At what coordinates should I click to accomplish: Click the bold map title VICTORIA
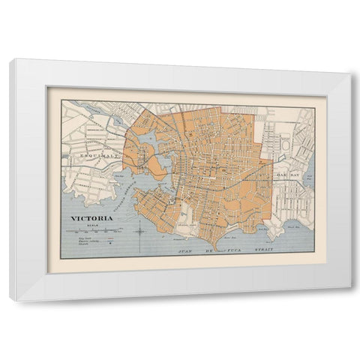pyautogui.click(x=92, y=218)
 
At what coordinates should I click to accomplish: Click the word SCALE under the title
pyautogui.click(x=92, y=225)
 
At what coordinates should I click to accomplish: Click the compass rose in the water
pyautogui.click(x=140, y=231)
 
